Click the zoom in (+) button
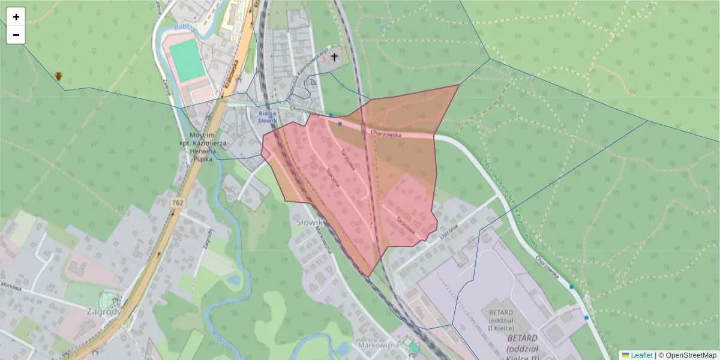pyautogui.click(x=16, y=17)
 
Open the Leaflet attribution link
pyautogui.click(x=641, y=355)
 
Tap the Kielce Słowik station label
pyautogui.click(x=268, y=116)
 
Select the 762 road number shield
pyautogui.click(x=177, y=203)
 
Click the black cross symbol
pyautogui.click(x=334, y=58)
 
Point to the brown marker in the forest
pyautogui.click(x=58, y=76)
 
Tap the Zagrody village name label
pyautogui.click(x=103, y=311)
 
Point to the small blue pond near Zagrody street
pyautogui.click(x=235, y=280)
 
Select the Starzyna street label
pyautogui.click(x=333, y=177)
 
